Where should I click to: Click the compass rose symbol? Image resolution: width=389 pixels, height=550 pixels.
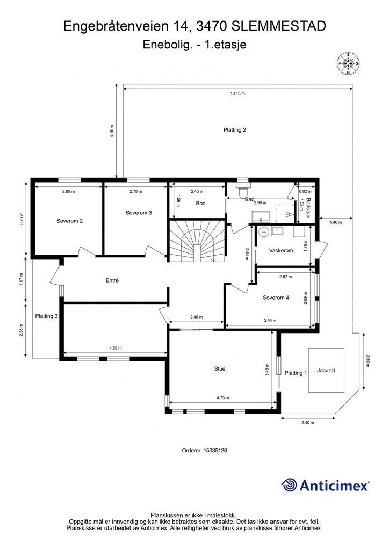(348, 63)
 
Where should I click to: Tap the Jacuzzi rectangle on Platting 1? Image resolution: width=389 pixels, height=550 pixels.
(326, 370)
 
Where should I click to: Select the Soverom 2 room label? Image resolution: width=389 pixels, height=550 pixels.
(69, 221)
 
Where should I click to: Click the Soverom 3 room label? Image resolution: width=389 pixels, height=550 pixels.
(139, 213)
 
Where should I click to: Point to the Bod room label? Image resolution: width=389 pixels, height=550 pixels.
(200, 204)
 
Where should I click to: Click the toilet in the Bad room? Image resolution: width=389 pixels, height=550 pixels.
(242, 191)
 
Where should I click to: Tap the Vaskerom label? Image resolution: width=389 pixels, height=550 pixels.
(281, 250)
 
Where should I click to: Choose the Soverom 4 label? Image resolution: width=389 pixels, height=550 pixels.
(276, 298)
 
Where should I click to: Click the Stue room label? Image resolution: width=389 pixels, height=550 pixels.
(220, 368)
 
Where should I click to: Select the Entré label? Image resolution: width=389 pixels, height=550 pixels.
(112, 280)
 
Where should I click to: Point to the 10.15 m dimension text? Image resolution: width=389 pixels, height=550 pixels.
(237, 93)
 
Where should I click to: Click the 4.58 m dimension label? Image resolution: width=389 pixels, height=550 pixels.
(116, 348)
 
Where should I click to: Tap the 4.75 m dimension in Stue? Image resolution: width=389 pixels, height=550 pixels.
(222, 398)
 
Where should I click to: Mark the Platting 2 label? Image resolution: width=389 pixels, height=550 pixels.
(235, 130)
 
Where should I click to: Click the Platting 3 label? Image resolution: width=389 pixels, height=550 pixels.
(46, 316)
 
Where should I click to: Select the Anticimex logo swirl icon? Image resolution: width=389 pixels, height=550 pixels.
(289, 485)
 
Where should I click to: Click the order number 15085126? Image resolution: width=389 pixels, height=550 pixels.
(215, 451)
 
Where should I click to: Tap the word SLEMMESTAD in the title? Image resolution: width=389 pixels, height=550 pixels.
(279, 26)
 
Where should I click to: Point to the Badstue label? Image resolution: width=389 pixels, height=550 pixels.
(308, 208)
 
